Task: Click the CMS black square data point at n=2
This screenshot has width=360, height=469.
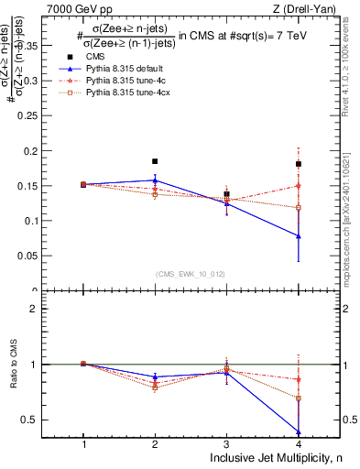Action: pyautogui.click(x=155, y=161)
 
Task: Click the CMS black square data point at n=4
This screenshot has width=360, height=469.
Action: pyautogui.click(x=299, y=164)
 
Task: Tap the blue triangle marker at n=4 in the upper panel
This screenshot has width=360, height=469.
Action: pyautogui.click(x=299, y=235)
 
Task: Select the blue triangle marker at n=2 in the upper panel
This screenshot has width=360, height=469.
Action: pyautogui.click(x=155, y=180)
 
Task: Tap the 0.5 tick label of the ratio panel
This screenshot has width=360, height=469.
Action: pyautogui.click(x=41, y=420)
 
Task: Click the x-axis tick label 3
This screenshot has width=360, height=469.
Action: pyautogui.click(x=226, y=443)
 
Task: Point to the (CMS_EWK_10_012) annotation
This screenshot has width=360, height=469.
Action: pyautogui.click(x=191, y=273)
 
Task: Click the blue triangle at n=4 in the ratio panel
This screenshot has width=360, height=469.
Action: pyautogui.click(x=299, y=431)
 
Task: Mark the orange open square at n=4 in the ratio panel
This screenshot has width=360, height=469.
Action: pyautogui.click(x=299, y=398)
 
